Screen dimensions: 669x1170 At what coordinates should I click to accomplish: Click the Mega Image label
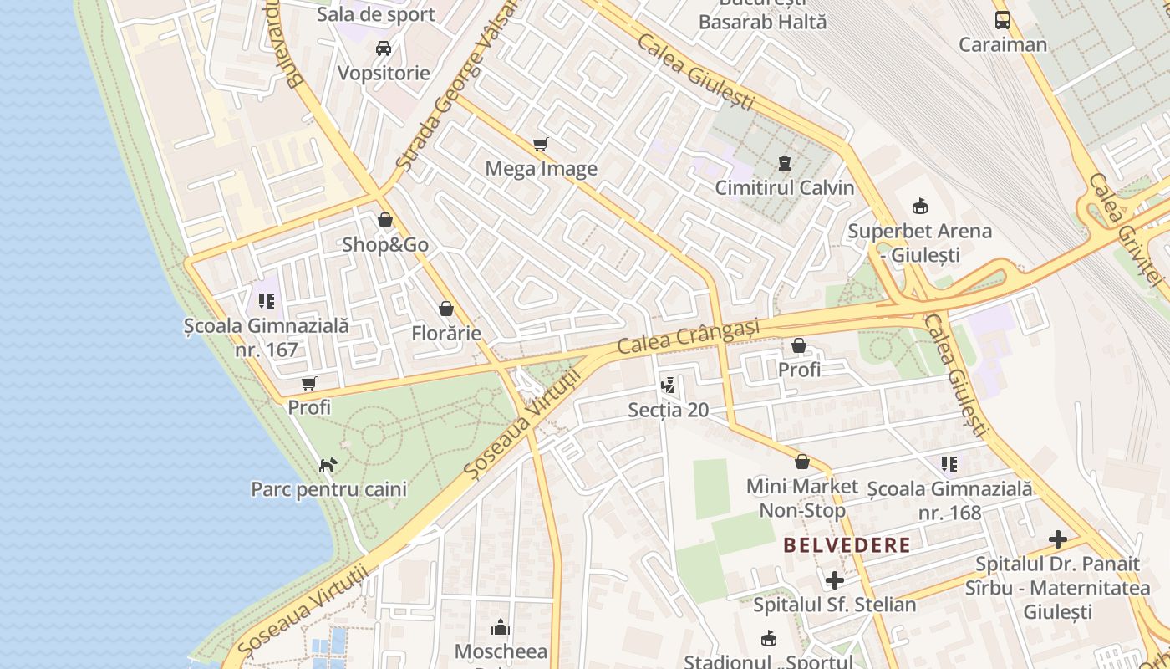(x=541, y=169)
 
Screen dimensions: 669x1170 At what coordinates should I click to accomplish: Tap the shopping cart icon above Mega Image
(x=541, y=144)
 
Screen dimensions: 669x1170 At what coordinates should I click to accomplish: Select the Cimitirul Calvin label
(x=784, y=187)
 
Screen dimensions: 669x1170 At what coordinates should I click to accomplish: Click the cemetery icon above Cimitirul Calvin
(x=784, y=162)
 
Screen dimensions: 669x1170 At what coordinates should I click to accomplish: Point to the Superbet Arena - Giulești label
(x=919, y=243)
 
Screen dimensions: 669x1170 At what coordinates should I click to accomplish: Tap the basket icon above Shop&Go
(x=385, y=221)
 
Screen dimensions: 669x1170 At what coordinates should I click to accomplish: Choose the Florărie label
(x=446, y=334)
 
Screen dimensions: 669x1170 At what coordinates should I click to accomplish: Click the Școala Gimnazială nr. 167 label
(x=267, y=338)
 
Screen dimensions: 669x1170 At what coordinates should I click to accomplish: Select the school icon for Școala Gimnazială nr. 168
(x=949, y=463)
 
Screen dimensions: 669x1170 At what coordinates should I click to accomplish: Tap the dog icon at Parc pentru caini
(x=328, y=464)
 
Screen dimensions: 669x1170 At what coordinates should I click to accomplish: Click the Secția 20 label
(x=668, y=410)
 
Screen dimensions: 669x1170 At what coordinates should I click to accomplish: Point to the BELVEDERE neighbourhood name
(x=847, y=546)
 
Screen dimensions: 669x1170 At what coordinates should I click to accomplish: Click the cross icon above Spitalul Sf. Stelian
(x=834, y=580)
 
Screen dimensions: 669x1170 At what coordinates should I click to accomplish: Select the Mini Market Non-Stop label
(x=801, y=498)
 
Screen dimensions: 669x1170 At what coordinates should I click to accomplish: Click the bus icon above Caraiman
(x=1002, y=20)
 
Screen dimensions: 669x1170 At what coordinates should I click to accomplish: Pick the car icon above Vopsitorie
(x=384, y=49)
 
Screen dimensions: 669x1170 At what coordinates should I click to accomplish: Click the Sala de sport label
(x=388, y=14)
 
